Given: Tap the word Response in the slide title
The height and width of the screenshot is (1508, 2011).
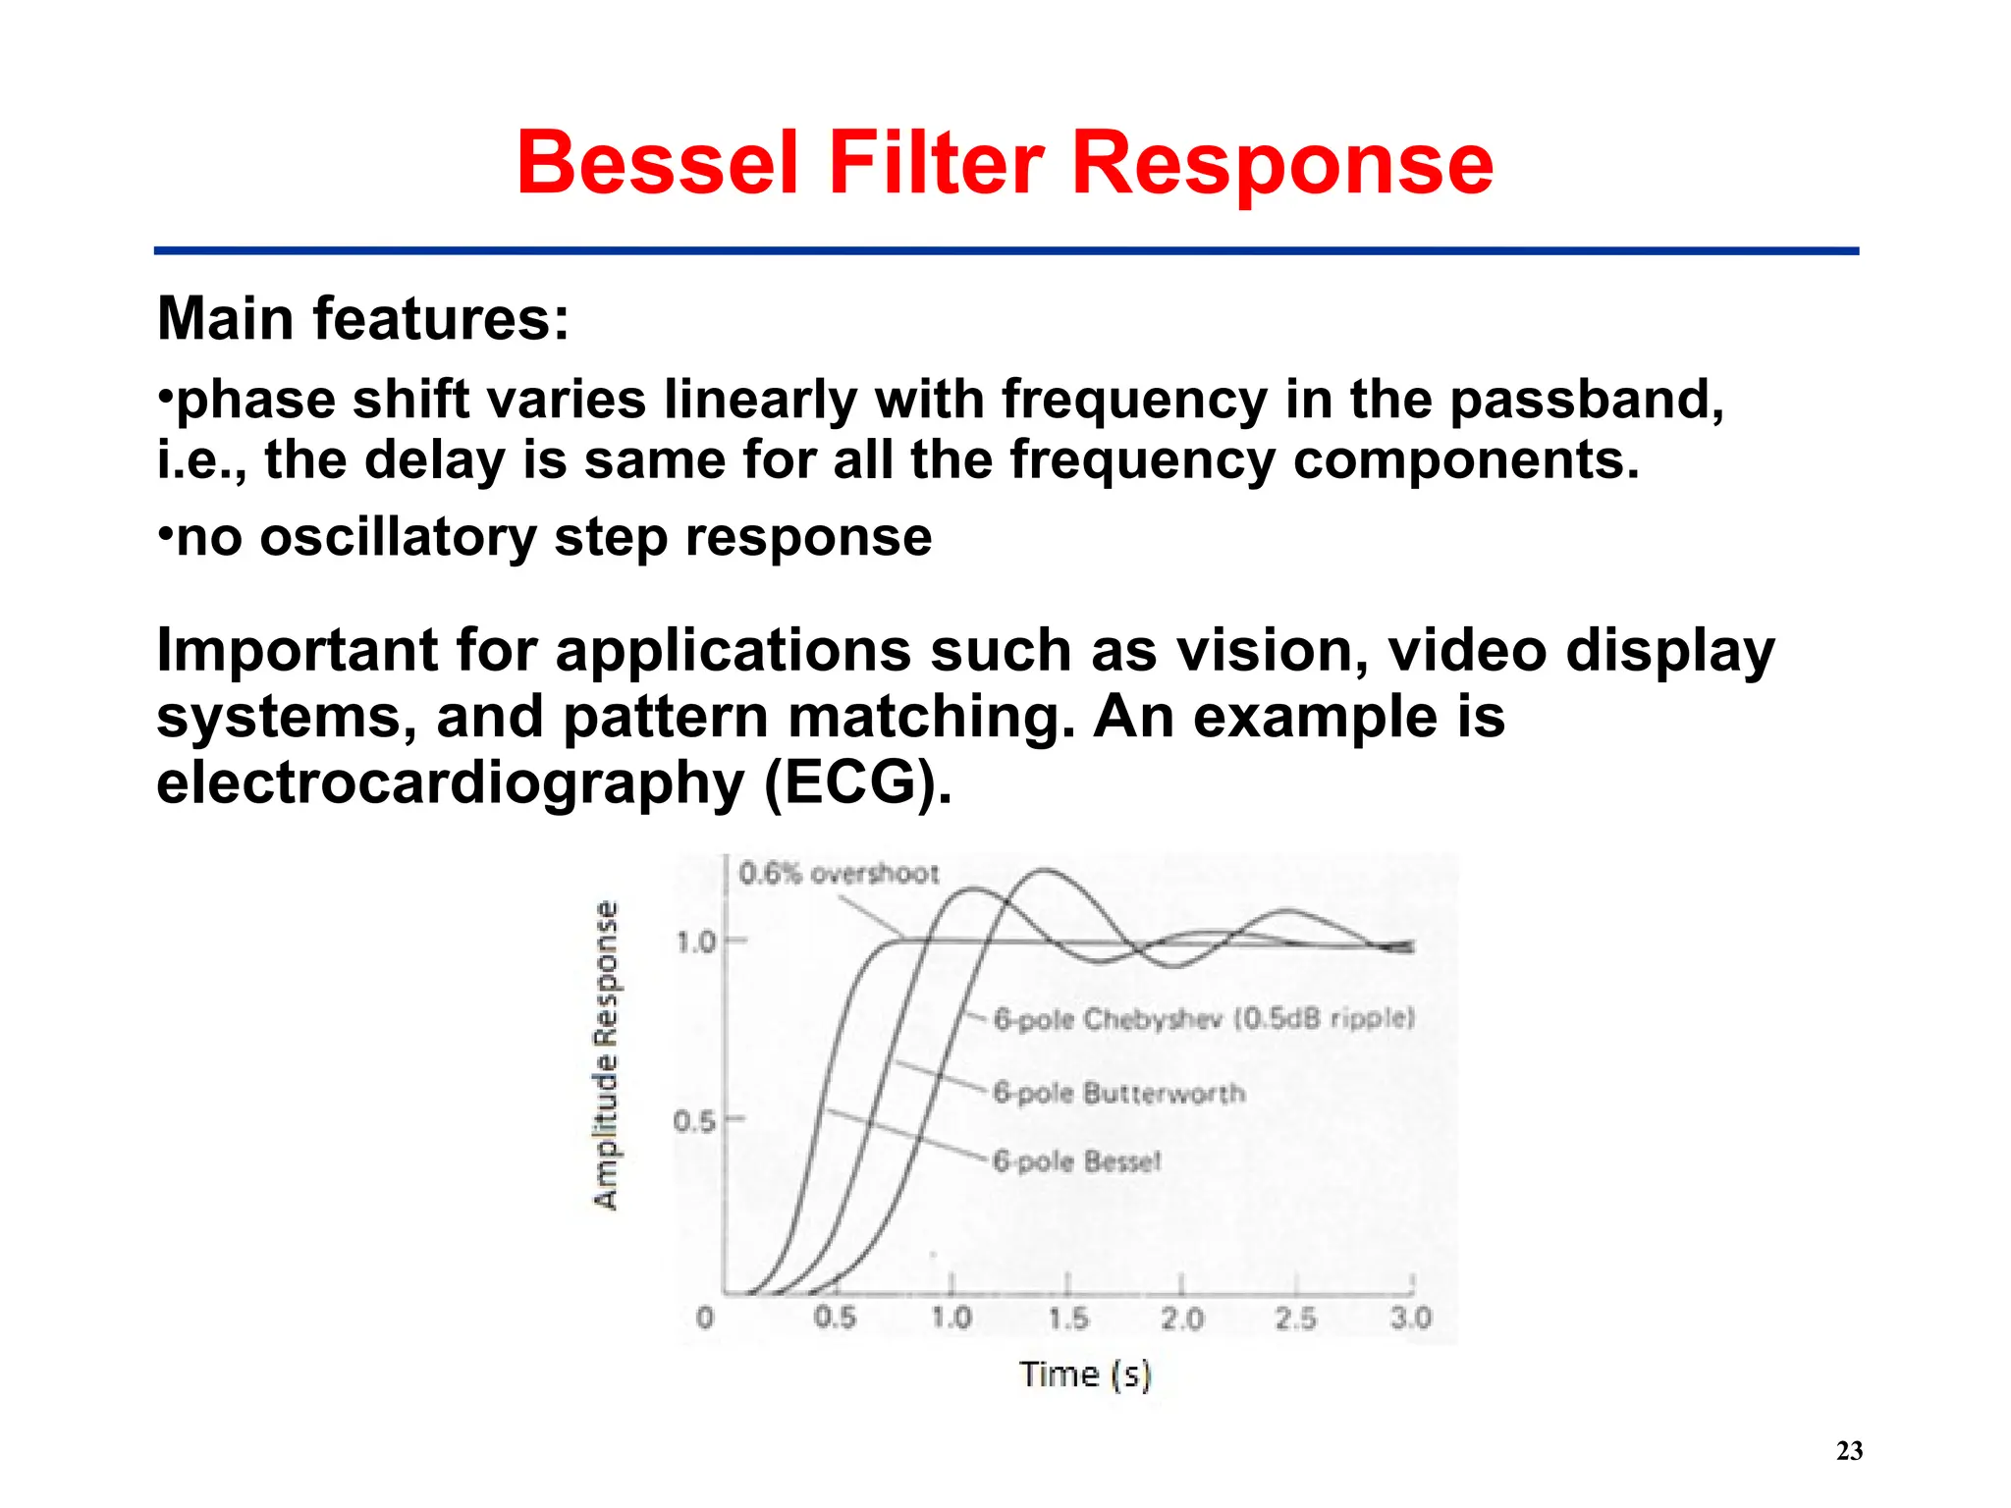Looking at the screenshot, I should click(1281, 165).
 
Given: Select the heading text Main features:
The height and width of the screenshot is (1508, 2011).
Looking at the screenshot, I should click(362, 319).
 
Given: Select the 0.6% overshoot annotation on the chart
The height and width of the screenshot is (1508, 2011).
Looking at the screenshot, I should click(839, 873).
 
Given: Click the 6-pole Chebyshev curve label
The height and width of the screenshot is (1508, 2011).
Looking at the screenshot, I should click(1204, 1019).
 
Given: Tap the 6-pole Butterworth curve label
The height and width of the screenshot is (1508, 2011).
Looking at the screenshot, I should click(1118, 1093).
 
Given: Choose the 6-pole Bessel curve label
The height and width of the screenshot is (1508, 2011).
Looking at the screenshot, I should click(1077, 1161).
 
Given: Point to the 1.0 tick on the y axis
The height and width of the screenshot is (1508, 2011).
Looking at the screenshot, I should click(696, 942).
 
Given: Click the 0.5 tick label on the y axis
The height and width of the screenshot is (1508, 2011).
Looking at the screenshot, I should click(694, 1120).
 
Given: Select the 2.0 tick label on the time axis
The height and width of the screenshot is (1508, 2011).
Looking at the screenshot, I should click(1181, 1318).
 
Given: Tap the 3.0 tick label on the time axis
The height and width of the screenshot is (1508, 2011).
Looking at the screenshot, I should click(1410, 1318).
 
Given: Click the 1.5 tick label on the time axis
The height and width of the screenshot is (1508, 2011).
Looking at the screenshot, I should click(1067, 1318).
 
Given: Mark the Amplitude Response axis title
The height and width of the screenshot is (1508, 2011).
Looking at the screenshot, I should click(607, 1054).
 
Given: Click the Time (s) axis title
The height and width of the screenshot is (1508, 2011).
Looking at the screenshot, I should click(1084, 1373).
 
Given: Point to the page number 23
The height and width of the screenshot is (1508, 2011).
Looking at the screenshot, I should click(1849, 1450).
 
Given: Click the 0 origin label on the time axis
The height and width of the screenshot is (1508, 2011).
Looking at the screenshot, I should click(704, 1318).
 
